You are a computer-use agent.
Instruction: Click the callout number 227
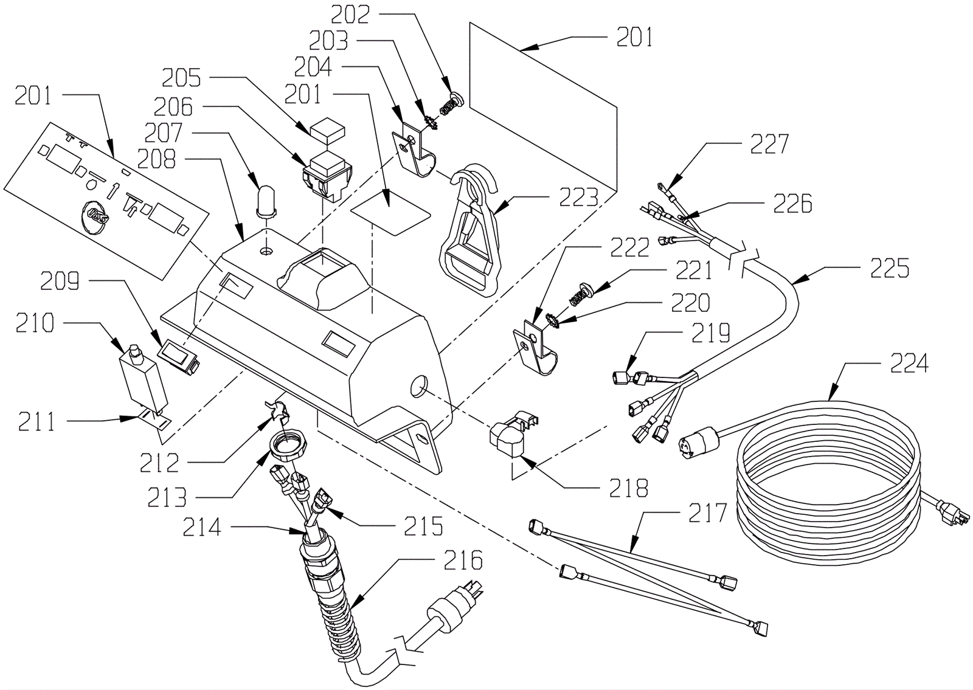pos(769,145)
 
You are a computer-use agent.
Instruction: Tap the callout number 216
pos(463,560)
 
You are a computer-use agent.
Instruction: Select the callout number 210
pos(35,323)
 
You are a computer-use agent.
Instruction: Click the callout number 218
pos(629,488)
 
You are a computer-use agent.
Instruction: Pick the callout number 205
pos(181,78)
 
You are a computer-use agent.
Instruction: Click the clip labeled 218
pos(513,432)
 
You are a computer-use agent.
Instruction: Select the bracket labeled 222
pos(535,346)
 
